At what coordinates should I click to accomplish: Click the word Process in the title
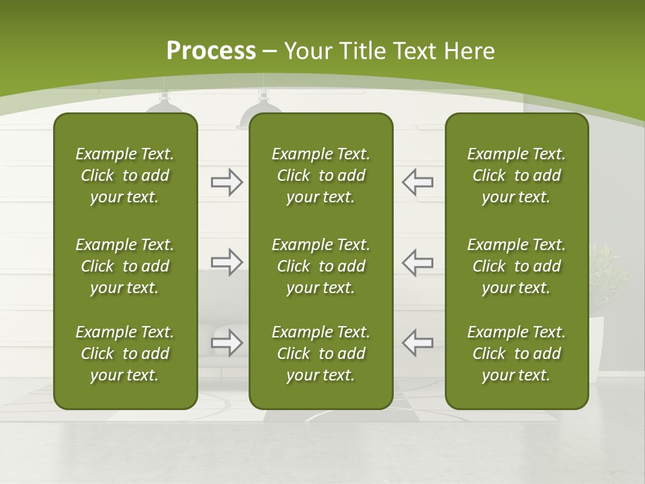click(x=211, y=51)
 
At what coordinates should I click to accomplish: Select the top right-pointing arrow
click(x=226, y=182)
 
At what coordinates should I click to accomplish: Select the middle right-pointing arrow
click(x=226, y=262)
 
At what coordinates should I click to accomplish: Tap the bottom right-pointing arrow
click(x=226, y=343)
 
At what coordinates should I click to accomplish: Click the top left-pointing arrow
click(x=418, y=182)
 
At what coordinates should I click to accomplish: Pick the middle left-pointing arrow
click(x=418, y=262)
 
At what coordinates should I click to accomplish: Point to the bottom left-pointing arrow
click(x=418, y=343)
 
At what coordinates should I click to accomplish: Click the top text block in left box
click(x=125, y=175)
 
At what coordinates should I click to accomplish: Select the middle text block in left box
click(x=125, y=266)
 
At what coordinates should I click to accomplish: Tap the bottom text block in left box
click(x=125, y=354)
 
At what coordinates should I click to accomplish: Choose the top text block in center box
click(x=320, y=175)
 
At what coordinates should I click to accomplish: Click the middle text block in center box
click(x=320, y=266)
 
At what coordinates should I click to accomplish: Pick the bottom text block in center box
click(x=320, y=354)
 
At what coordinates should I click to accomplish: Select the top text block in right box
click(x=516, y=175)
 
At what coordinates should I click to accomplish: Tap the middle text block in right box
click(x=516, y=266)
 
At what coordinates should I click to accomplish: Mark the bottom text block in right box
click(x=516, y=354)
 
